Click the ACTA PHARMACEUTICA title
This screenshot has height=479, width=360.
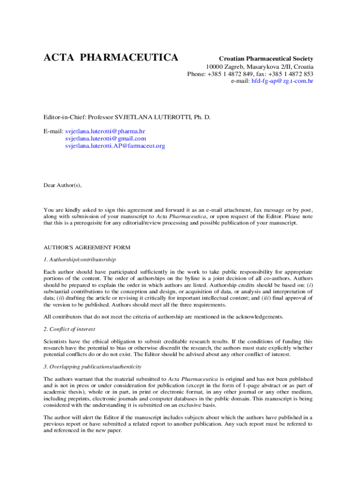[x=111, y=58]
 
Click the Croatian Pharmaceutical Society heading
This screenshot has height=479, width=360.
[x=266, y=59]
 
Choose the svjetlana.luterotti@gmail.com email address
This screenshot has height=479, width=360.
[x=106, y=138]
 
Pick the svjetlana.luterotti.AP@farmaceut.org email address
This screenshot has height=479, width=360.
[x=115, y=146]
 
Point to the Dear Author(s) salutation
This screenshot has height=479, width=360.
[x=63, y=185]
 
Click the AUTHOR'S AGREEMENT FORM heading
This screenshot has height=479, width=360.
[x=87, y=247]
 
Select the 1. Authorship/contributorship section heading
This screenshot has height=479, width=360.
[x=79, y=260]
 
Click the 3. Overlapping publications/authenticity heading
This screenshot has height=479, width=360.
[x=93, y=366]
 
